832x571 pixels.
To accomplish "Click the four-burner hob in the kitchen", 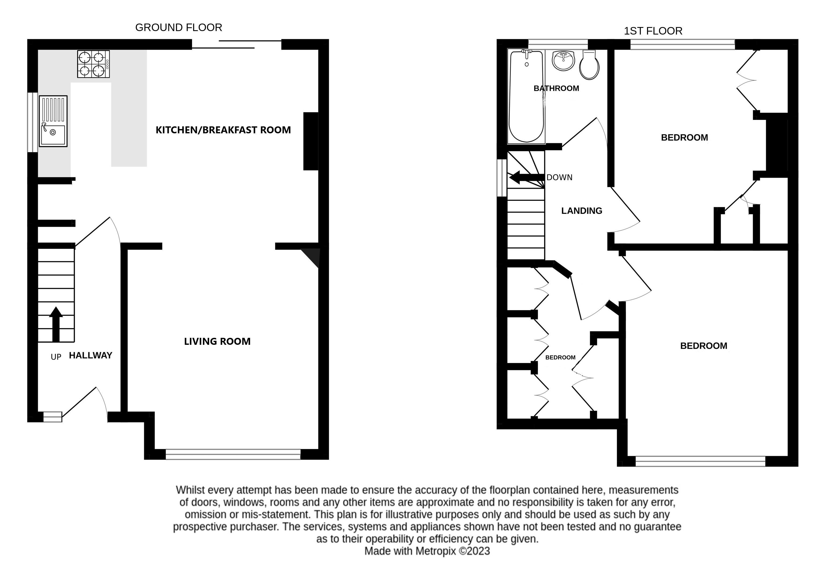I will [93, 64].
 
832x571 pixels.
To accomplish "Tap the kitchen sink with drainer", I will [53, 121].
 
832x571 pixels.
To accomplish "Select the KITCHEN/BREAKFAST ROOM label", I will [223, 130].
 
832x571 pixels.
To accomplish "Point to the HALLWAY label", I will [91, 356].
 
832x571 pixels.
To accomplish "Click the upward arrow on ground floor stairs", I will [56, 324].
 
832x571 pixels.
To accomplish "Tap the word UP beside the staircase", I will [56, 357].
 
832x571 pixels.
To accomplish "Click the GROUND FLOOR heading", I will [179, 28].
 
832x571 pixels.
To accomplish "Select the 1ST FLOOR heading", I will [653, 31].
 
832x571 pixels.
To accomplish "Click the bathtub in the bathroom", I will [526, 97].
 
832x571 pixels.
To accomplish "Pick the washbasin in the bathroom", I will [563, 60].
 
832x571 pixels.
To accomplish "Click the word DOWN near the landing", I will [559, 177].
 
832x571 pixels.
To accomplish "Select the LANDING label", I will [581, 211].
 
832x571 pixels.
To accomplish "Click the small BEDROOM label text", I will [560, 357].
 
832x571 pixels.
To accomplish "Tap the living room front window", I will [233, 454].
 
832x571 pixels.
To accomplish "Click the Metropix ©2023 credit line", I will [427, 551].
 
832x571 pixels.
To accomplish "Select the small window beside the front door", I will [53, 417].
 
